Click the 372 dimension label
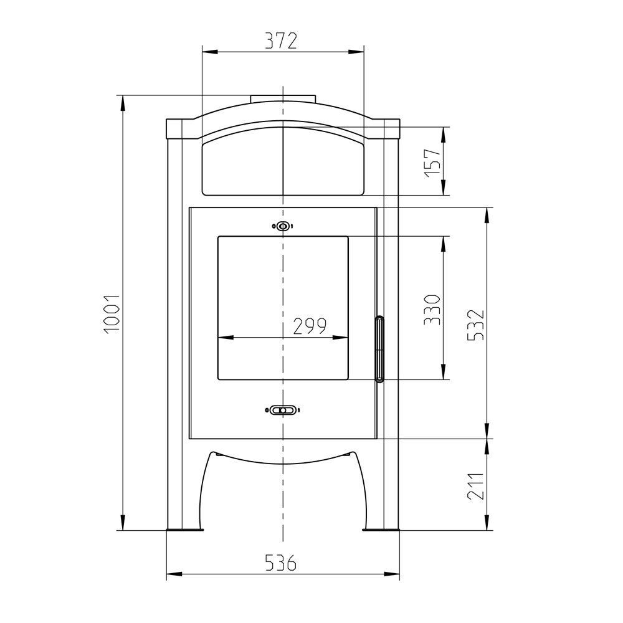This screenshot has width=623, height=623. coord(282,41)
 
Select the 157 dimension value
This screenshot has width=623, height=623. coord(433,163)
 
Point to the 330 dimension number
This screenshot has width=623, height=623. coord(432,310)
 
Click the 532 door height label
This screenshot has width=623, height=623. coord(476,325)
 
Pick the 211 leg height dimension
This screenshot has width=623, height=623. coord(476,486)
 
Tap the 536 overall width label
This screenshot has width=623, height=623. coord(281,563)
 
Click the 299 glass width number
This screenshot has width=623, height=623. coord(310,326)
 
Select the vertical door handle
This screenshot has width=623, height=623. coord(379,349)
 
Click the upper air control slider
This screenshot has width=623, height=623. coord(282,227)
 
